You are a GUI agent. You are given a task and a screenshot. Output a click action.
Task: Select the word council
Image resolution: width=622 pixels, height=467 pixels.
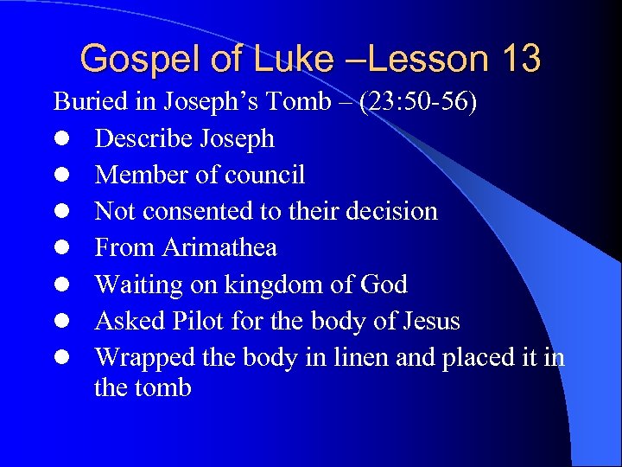[x=264, y=176]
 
